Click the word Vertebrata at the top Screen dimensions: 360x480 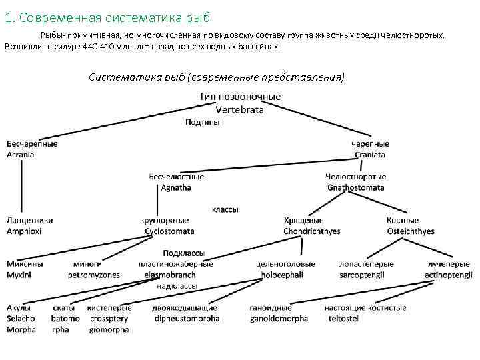tap(239, 109)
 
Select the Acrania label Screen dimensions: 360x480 tap(21, 155)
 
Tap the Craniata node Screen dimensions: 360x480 tap(369, 155)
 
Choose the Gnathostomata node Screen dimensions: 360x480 tap(355, 188)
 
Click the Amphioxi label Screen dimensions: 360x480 tap(24, 231)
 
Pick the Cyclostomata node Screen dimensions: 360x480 tap(169, 231)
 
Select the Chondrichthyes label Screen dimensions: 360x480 tap(312, 231)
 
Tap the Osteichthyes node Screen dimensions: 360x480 tap(411, 231)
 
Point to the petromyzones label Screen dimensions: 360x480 tap(94, 275)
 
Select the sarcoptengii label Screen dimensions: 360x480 tap(366, 275)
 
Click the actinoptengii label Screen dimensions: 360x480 tap(449, 275)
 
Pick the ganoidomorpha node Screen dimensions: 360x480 tap(279, 319)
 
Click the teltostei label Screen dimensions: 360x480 tap(343, 319)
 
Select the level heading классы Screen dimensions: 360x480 tap(225, 209)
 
